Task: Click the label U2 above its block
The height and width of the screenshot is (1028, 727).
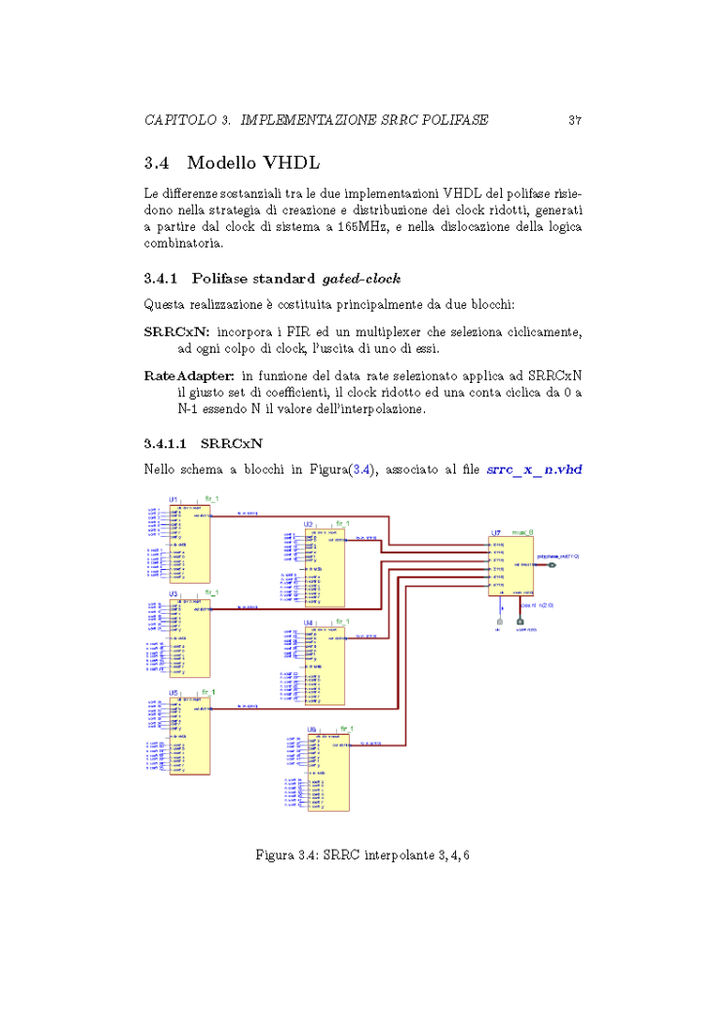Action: click(308, 523)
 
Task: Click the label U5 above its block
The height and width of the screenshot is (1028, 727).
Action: click(172, 692)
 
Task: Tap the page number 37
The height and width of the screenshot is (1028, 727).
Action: click(575, 121)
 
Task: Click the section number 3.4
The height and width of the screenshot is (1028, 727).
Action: click(157, 162)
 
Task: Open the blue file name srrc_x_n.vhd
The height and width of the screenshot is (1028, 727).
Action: click(534, 469)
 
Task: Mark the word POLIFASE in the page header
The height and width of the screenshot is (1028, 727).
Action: click(448, 121)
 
